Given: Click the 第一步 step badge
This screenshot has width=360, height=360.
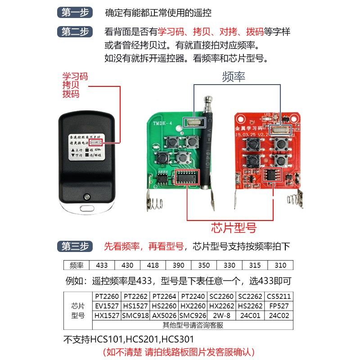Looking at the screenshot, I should (75, 13).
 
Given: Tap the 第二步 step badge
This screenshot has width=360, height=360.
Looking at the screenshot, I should (75, 32).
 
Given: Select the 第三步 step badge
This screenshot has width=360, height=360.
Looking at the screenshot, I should (75, 246).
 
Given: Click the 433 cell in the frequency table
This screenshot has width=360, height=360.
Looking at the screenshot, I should (102, 265).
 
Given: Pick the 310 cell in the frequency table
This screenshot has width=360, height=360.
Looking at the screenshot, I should (280, 265).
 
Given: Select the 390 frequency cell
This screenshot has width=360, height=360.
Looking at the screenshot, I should (178, 265).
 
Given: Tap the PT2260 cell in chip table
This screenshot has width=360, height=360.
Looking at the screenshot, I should (107, 297).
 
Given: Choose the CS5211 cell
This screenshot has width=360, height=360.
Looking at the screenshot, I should (279, 297).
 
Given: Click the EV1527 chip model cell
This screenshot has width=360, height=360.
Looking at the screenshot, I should (107, 306).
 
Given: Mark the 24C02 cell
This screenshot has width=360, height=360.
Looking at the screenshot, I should (279, 315).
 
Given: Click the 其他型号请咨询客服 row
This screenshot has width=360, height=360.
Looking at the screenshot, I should (193, 325).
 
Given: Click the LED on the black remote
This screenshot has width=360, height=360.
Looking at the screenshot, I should (85, 196).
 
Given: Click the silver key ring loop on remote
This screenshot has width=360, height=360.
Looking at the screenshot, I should (85, 208).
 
